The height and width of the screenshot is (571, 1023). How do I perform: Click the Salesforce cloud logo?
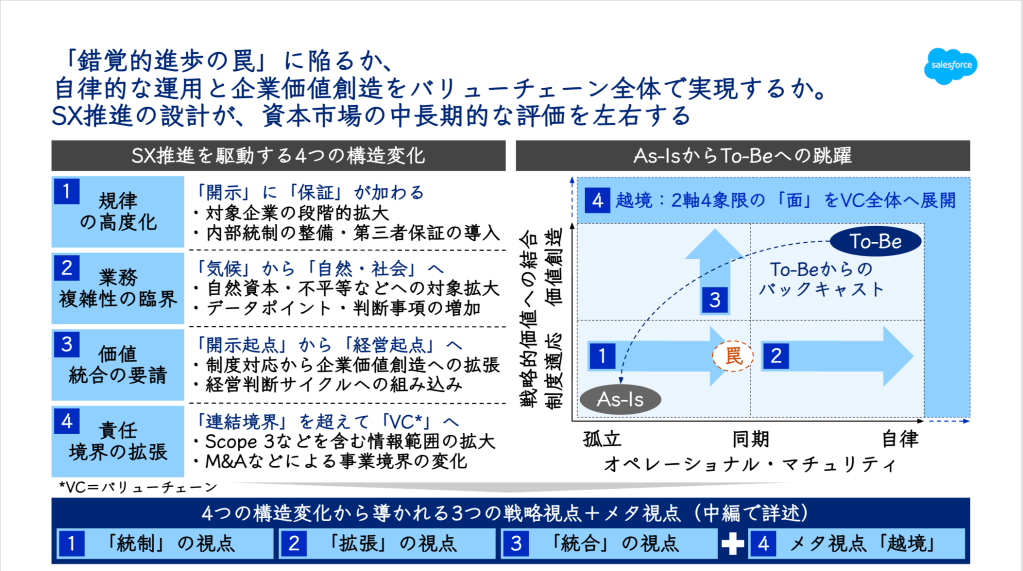(x=951, y=66)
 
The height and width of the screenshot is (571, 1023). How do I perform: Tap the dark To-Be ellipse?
(x=876, y=241)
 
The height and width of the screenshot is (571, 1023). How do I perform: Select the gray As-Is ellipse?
(x=620, y=399)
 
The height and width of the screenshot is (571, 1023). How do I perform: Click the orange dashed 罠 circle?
(x=733, y=356)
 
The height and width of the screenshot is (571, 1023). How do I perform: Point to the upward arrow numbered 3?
(x=715, y=271)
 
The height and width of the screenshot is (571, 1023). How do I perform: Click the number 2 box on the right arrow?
(x=776, y=356)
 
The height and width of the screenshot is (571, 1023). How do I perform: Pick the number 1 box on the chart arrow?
(x=602, y=356)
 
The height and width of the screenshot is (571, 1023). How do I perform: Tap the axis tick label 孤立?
(x=602, y=439)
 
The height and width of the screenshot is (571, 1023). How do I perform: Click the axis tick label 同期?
(x=750, y=439)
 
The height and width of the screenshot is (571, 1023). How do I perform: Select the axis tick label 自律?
(x=900, y=439)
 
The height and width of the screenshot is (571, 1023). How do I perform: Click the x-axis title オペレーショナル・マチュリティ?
(x=750, y=464)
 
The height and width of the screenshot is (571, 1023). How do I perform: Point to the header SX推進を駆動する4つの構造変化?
(x=279, y=156)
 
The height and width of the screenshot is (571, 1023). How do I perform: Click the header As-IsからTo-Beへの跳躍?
(x=742, y=156)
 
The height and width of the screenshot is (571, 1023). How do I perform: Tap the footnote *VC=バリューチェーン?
(x=138, y=487)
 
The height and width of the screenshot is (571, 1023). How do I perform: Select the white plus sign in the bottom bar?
(x=733, y=544)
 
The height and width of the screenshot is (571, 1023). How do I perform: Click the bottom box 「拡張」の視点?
(x=388, y=544)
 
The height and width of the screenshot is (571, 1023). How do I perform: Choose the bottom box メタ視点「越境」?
(x=858, y=544)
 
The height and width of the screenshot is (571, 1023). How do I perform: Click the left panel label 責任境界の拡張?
(x=117, y=441)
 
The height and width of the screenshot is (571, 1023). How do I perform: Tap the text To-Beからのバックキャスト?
(x=821, y=279)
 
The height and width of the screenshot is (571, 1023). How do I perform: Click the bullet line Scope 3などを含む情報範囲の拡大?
(x=344, y=442)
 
